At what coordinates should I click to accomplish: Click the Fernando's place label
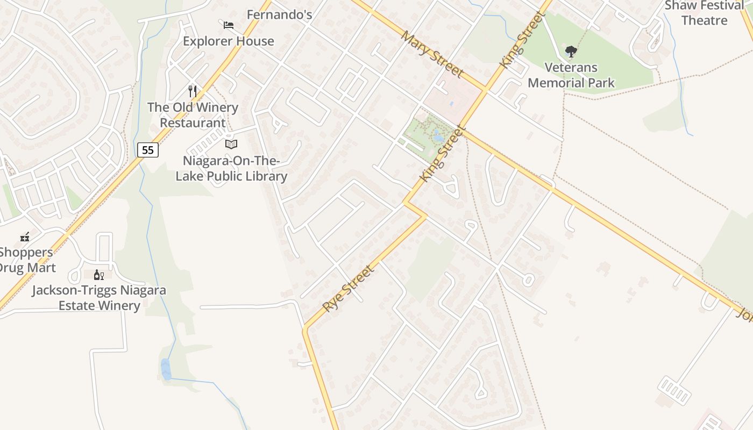pos(279,15)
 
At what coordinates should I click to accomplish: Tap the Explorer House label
pos(229,41)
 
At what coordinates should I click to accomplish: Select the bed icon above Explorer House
pos(229,25)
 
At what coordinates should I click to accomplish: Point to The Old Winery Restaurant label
pos(193,115)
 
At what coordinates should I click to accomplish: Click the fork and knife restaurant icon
pos(193,91)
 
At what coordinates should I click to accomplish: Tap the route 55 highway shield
pos(148,150)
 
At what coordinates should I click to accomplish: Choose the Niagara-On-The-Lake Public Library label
pos(231,168)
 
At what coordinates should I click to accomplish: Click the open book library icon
pos(231,144)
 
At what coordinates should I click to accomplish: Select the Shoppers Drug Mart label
pos(27,260)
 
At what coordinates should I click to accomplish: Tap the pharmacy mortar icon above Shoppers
pos(25,237)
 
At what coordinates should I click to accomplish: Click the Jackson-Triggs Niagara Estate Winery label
pos(99,298)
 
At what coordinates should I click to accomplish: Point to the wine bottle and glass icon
pos(99,275)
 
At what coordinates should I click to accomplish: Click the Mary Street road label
pos(432,53)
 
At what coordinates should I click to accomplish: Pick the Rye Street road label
pos(348,289)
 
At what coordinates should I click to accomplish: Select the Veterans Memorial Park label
pos(571,75)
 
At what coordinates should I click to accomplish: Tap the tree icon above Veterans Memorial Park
pos(571,52)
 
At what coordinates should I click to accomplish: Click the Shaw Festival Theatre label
pos(705,13)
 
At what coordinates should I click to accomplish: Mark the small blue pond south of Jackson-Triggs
pos(166,369)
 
